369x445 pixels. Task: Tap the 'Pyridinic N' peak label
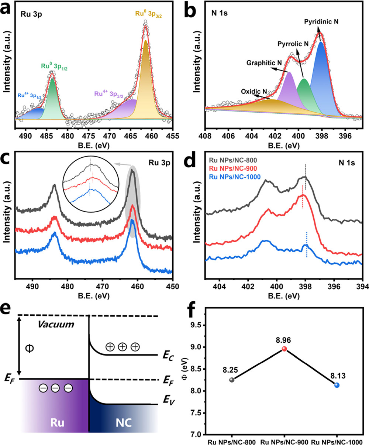[x=321, y=22]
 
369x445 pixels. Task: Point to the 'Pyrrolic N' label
[x=293, y=44]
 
